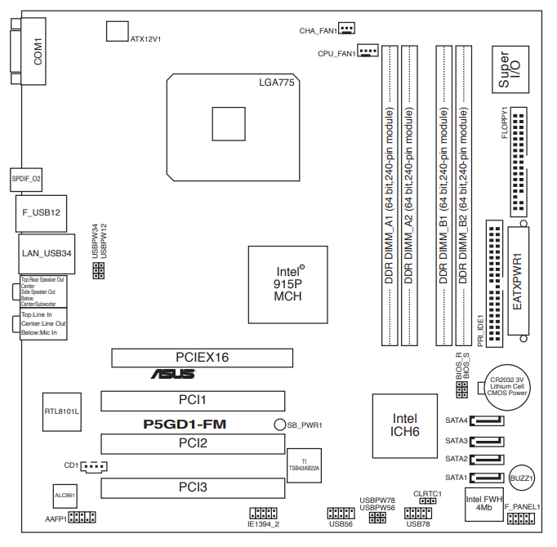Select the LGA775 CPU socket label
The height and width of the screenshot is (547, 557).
[275, 83]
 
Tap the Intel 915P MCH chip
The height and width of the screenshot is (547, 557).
[287, 282]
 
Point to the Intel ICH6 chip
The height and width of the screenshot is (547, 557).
[405, 425]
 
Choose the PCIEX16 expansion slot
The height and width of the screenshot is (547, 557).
[202, 357]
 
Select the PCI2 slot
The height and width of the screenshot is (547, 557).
[193, 443]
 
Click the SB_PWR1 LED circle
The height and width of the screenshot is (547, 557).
[278, 425]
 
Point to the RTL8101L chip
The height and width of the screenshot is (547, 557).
[62, 411]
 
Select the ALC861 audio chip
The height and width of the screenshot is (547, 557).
[65, 496]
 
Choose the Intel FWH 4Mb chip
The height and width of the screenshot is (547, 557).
[483, 503]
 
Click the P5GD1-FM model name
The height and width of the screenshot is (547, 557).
[185, 424]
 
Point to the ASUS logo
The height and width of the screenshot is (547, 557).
[172, 375]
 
